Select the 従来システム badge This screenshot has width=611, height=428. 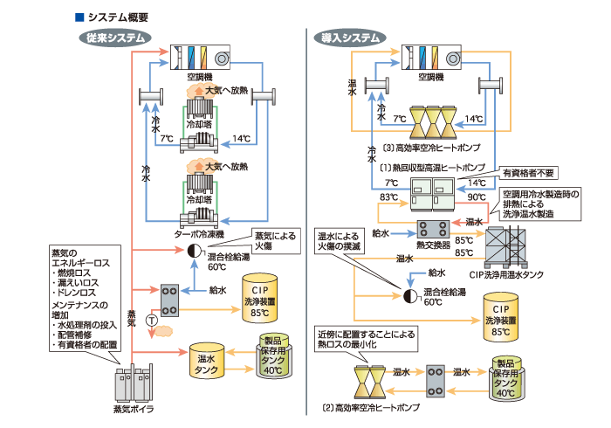point(114,38)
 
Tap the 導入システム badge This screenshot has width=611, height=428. point(350,38)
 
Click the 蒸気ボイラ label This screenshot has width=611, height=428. point(134,408)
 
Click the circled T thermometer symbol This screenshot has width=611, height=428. point(152,321)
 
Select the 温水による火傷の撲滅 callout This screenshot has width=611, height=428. point(339,241)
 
